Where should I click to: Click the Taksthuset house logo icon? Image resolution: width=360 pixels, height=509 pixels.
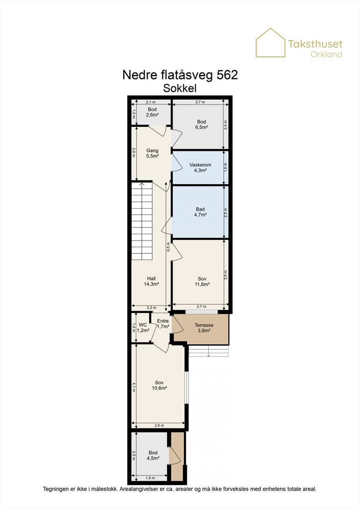pyautogui.click(x=270, y=43)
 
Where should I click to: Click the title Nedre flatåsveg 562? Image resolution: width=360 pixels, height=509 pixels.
pyautogui.click(x=180, y=75)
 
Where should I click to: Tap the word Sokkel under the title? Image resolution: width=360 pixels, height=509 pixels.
pyautogui.click(x=180, y=88)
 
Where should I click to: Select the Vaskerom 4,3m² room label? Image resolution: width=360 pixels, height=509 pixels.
pyautogui.click(x=200, y=168)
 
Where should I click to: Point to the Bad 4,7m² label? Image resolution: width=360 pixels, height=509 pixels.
pyautogui.click(x=200, y=212)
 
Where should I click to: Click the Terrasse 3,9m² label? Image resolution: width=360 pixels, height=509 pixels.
pyautogui.click(x=204, y=328)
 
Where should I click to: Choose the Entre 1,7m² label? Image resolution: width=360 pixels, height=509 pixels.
pyautogui.click(x=163, y=324)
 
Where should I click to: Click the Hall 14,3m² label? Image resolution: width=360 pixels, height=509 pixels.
pyautogui.click(x=151, y=281)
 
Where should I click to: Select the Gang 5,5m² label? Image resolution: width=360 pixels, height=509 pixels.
pyautogui.click(x=152, y=153)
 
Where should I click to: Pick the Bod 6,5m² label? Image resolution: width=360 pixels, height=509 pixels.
pyautogui.click(x=201, y=125)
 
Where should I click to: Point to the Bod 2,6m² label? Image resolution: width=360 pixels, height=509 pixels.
pyautogui.click(x=152, y=112)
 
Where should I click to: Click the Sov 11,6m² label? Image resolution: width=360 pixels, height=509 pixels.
pyautogui.click(x=202, y=281)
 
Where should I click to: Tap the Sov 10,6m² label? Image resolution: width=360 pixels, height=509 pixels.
pyautogui.click(x=159, y=385)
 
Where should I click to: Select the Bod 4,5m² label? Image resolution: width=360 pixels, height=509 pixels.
pyautogui.click(x=153, y=455)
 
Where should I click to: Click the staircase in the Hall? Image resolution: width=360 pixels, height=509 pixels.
pyautogui.click(x=142, y=220)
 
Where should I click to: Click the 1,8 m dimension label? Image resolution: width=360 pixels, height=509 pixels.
pyautogui.click(x=150, y=478)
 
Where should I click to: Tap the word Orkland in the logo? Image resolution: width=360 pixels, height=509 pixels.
pyautogui.click(x=326, y=54)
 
